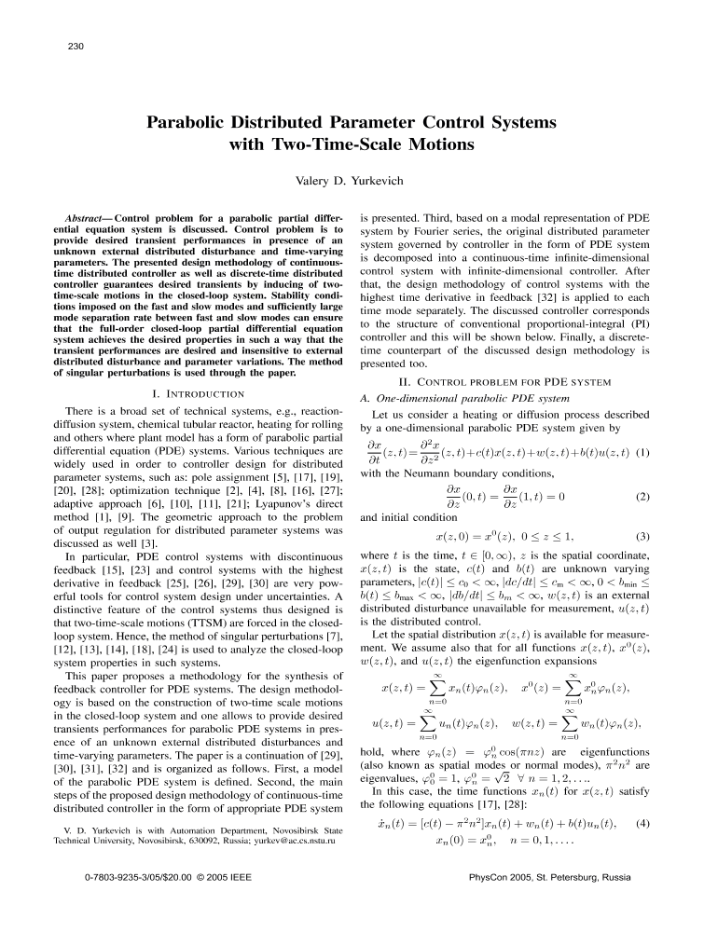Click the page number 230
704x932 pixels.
77,44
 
